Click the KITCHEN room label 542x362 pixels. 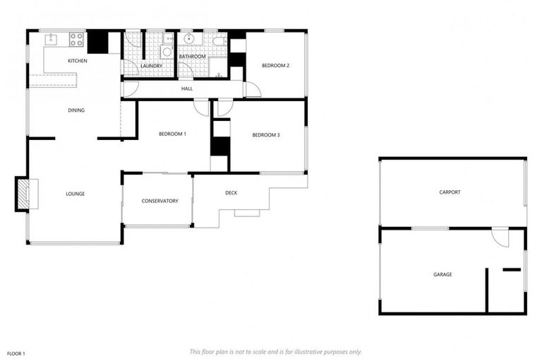78,62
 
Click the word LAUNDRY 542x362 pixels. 151,66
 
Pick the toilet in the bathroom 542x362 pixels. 219,40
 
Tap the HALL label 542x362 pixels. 187,89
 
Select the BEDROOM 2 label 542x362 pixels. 276,66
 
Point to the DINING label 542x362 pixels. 76,110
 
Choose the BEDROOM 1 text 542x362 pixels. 172,134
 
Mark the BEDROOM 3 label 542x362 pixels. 266,135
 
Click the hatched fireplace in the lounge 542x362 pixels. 24,194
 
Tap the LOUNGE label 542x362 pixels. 76,194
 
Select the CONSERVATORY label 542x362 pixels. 159,201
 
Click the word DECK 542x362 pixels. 231,193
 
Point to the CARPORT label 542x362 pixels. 450,192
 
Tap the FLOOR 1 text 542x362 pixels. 16,353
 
